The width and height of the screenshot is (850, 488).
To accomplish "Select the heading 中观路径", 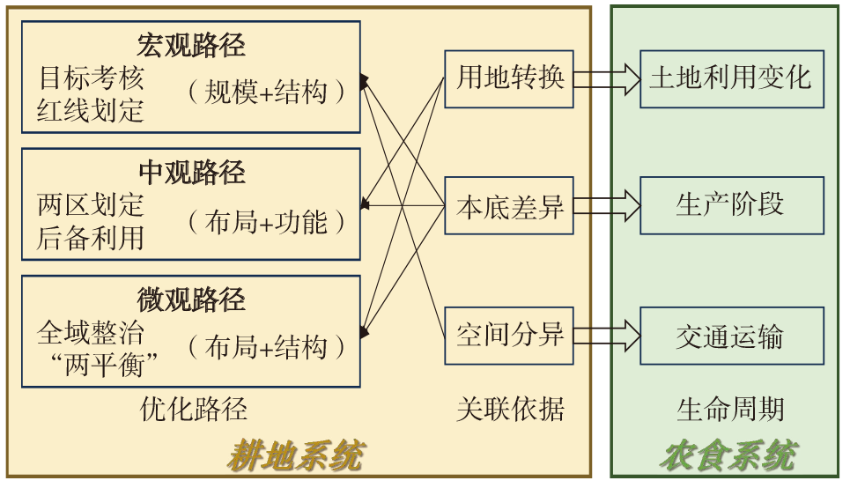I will [190, 172].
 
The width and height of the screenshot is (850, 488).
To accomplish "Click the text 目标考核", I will [90, 77].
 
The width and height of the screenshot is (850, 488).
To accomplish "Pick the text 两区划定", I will [90, 204].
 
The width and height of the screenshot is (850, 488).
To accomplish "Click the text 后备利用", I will [90, 237].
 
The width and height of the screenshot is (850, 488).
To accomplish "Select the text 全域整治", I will [90, 332].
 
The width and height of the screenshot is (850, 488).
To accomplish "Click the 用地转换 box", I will [509, 78].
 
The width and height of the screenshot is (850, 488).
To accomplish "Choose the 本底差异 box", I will [509, 206].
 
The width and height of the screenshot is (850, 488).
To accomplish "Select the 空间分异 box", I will [509, 336].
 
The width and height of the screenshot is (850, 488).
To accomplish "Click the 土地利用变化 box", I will [731, 78].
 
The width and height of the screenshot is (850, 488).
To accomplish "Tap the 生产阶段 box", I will [731, 205].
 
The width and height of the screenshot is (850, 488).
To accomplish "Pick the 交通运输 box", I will [731, 336].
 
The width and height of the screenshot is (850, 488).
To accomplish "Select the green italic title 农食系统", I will [728, 456].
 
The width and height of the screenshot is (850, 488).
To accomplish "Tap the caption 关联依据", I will [509, 408].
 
